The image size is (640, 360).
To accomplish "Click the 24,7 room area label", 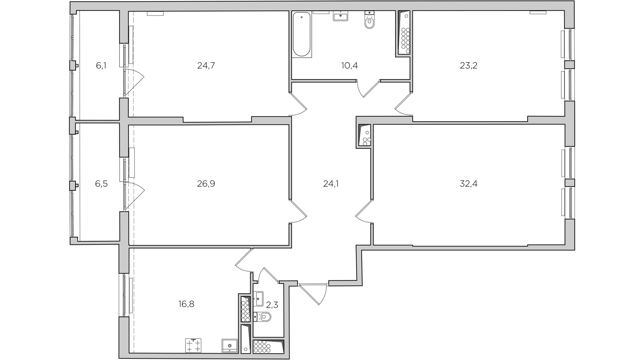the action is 206,66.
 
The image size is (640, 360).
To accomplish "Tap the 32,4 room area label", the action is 468,184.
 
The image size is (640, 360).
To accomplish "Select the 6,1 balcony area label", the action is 101,66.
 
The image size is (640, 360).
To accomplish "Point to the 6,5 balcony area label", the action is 102,184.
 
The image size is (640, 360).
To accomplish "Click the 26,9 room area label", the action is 206,184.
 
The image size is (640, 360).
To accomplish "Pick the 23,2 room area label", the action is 468,66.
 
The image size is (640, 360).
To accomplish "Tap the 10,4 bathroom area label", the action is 350,66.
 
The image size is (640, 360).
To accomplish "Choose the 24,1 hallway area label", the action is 331,184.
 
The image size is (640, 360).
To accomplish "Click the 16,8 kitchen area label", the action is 186,304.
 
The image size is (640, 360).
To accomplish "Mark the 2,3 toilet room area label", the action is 272,305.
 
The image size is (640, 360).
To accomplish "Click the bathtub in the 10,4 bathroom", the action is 302,34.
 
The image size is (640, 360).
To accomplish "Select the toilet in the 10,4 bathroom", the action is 370,20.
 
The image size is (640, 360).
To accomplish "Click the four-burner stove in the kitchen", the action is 194,346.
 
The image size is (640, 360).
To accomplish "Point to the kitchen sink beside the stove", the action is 230,346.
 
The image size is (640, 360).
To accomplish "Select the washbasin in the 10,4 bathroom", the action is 340,16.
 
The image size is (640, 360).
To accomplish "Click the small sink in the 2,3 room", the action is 259,299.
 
